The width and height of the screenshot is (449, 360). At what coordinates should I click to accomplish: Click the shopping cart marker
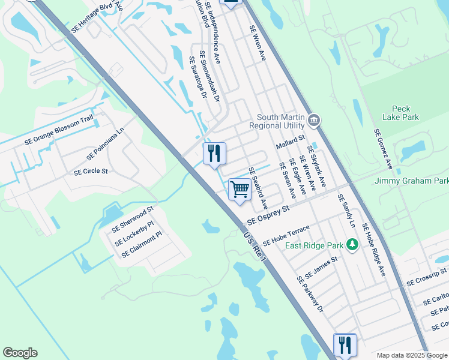240,190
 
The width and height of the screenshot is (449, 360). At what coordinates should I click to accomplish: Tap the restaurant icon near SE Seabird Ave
214,154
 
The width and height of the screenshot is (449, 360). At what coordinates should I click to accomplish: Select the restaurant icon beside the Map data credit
345,345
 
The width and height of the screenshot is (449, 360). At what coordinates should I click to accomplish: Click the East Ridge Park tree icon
354,244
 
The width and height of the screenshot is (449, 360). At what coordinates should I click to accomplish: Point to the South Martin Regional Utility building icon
313,122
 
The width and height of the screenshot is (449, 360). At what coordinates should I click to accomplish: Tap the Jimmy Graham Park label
412,181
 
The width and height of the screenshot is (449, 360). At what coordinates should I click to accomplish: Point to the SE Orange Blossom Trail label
59,130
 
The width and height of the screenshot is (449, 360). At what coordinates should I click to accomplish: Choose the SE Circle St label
91,172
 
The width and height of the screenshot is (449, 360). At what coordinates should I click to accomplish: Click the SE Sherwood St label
133,220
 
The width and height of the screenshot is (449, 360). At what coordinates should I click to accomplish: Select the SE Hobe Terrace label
286,236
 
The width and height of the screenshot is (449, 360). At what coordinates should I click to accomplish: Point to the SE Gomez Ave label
384,148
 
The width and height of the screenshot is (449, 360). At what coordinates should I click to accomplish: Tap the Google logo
20,353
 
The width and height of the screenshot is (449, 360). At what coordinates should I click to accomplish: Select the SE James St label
322,268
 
